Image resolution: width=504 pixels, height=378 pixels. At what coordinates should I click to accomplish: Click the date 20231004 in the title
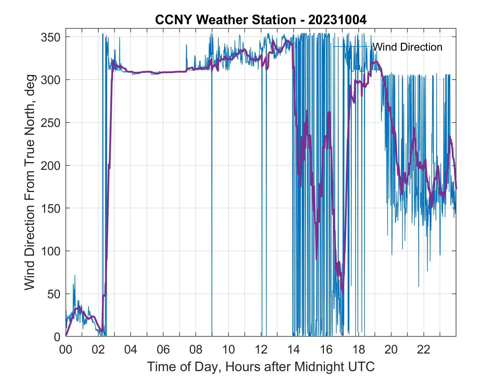(337, 20)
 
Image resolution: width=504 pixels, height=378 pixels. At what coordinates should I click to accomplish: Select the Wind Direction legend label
(407, 47)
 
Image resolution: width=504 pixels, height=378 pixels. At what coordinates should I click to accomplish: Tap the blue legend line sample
(351, 47)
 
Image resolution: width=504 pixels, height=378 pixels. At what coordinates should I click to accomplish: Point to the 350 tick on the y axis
(50, 37)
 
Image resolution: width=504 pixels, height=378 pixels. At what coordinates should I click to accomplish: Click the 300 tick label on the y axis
(50, 80)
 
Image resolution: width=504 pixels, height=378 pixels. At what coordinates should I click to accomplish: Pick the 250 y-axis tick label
(50, 123)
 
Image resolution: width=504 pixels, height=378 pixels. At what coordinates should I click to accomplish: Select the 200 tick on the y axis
(50, 166)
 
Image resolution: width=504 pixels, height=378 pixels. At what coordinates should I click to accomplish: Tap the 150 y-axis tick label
(50, 208)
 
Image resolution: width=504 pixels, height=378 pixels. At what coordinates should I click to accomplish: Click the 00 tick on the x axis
(66, 350)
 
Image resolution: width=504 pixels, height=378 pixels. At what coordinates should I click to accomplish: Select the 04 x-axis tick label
(131, 350)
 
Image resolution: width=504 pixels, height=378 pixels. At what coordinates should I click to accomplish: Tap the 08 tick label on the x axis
(196, 350)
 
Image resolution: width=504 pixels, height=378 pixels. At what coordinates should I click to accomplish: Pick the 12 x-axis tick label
(261, 350)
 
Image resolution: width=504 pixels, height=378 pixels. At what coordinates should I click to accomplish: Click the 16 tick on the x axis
(326, 350)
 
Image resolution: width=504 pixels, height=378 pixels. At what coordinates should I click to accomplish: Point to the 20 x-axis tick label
(391, 350)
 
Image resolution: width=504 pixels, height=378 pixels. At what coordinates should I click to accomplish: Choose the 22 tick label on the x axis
(424, 350)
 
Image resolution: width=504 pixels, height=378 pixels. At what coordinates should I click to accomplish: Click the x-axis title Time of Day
(261, 367)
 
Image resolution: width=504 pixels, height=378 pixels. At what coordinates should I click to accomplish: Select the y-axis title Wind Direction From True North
(29, 182)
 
